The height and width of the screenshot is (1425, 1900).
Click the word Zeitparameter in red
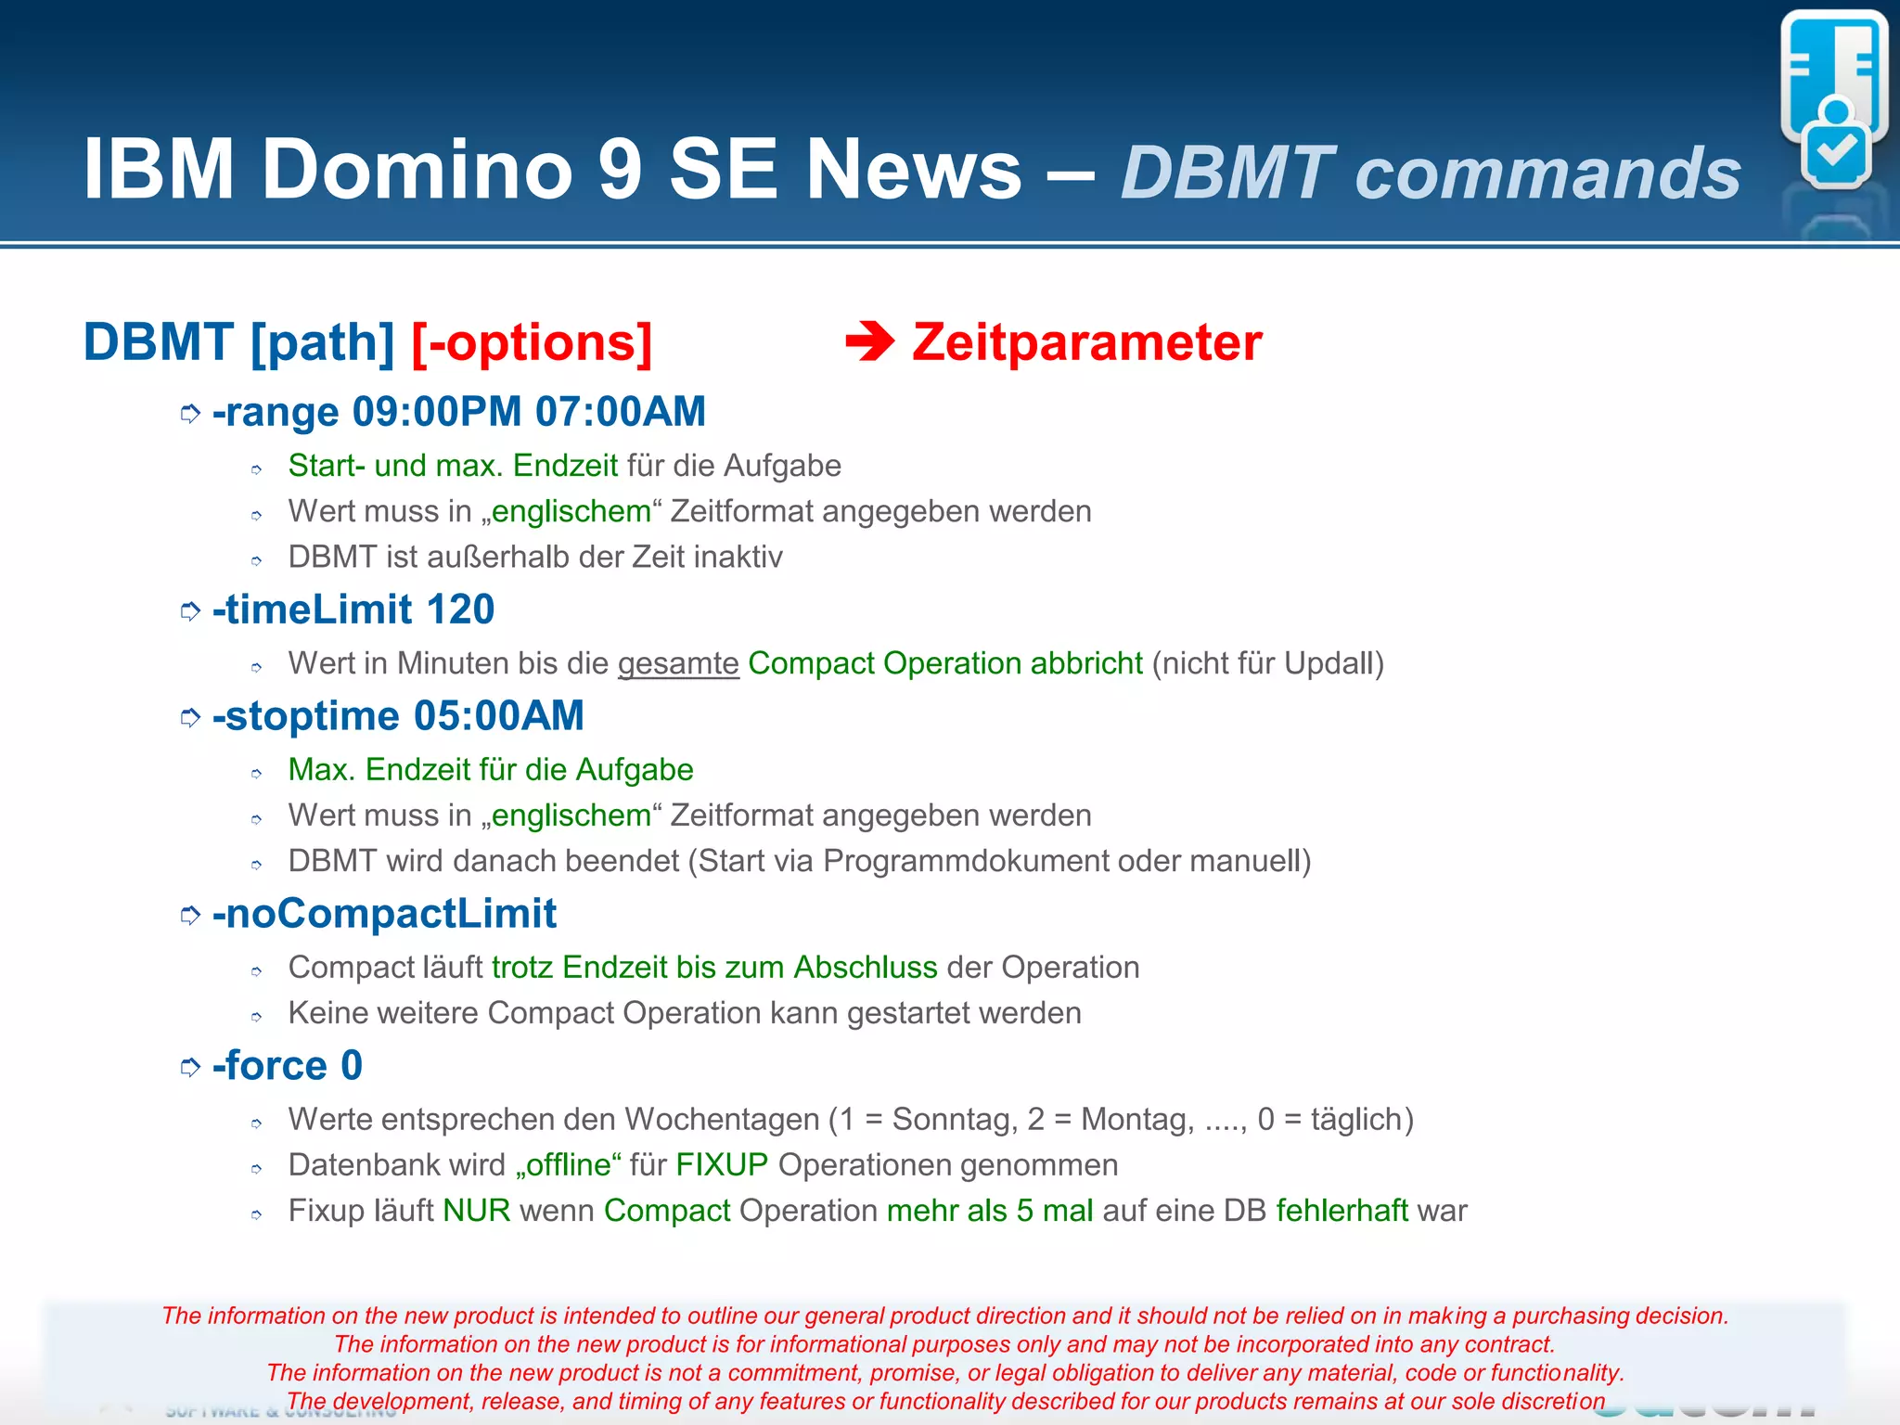pos(1086,342)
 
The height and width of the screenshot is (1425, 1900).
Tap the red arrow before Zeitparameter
pos(869,342)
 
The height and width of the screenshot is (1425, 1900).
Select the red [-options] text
pos(532,342)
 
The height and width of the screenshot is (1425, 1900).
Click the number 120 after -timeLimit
pos(460,610)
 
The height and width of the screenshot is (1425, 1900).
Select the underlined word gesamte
pos(678,663)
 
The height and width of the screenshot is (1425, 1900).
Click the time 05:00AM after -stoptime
pos(499,716)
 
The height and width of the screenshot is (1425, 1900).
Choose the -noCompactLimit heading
pos(384,914)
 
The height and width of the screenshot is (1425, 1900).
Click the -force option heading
pos(269,1065)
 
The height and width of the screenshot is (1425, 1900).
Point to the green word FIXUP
pos(722,1165)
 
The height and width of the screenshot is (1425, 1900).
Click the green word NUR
pos(477,1211)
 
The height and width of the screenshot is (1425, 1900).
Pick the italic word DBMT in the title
pos(1227,173)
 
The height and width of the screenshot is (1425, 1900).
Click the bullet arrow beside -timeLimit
pos(190,611)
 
